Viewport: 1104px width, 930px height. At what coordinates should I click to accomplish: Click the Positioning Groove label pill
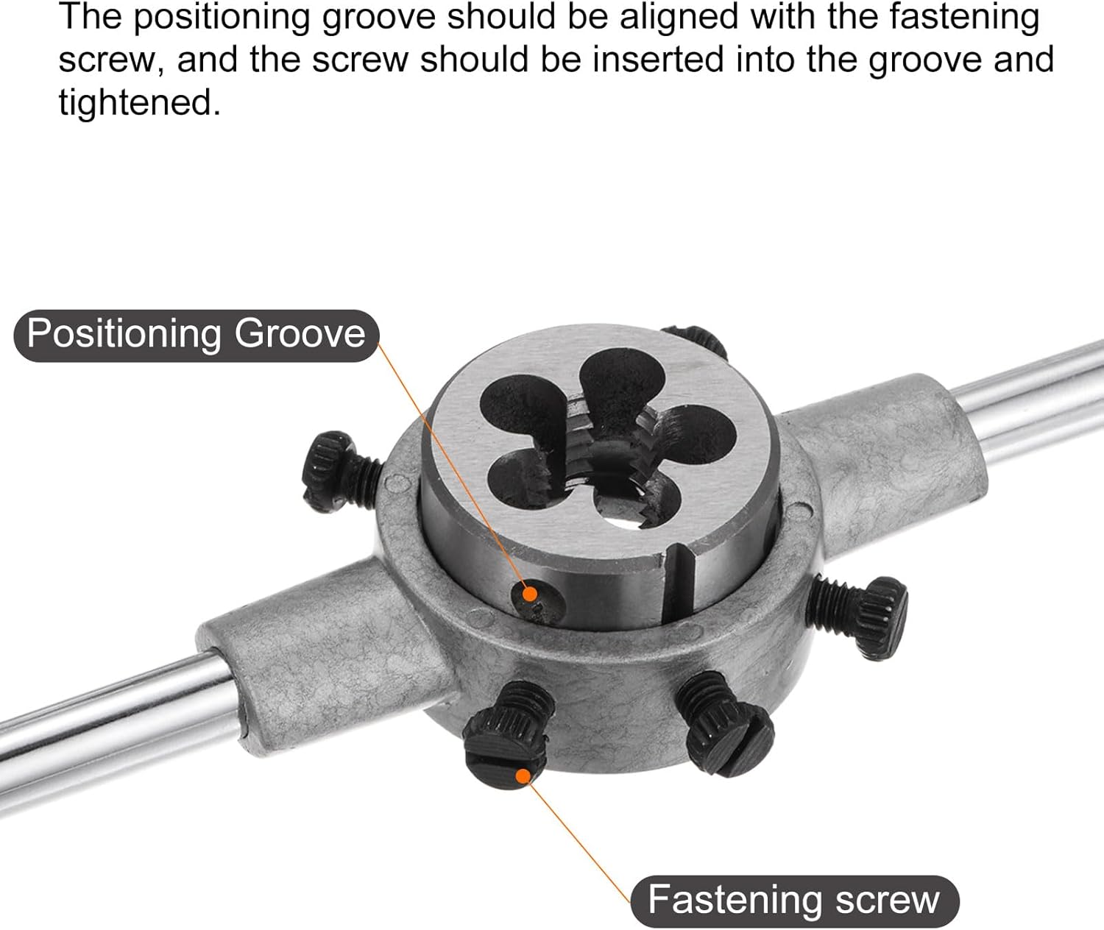coord(197,336)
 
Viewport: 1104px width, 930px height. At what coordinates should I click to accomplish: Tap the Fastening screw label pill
coord(794,901)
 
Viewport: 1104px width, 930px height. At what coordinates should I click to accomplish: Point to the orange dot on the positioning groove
coord(529,594)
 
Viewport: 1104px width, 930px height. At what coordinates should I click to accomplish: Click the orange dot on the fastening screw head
coord(523,776)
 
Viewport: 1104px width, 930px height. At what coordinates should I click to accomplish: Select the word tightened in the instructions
coord(138,102)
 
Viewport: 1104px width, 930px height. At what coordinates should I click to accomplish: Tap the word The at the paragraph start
coord(91,16)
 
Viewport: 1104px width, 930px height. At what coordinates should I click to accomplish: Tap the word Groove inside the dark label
coord(300,335)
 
